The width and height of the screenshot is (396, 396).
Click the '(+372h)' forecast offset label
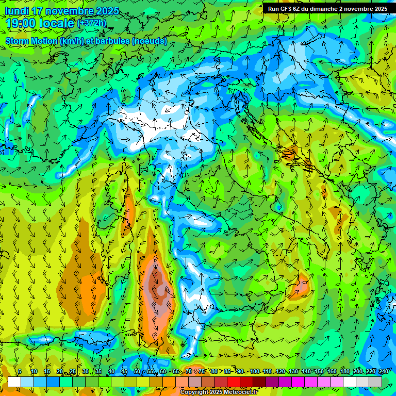[x=91, y=23]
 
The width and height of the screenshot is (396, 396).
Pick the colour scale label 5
[x=20, y=372]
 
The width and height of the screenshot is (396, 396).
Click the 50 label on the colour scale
[x=137, y=372]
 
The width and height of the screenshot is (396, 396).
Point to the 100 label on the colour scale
[x=254, y=372]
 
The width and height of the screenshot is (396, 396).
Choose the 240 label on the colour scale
[x=383, y=372]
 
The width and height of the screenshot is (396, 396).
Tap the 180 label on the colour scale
[x=344, y=372]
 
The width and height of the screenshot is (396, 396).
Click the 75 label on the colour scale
[x=202, y=372]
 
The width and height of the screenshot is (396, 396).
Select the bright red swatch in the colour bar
[x=234, y=382]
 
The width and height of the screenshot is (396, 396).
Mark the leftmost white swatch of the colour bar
[x=14, y=382]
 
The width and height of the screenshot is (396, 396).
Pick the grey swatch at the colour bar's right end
[x=375, y=382]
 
